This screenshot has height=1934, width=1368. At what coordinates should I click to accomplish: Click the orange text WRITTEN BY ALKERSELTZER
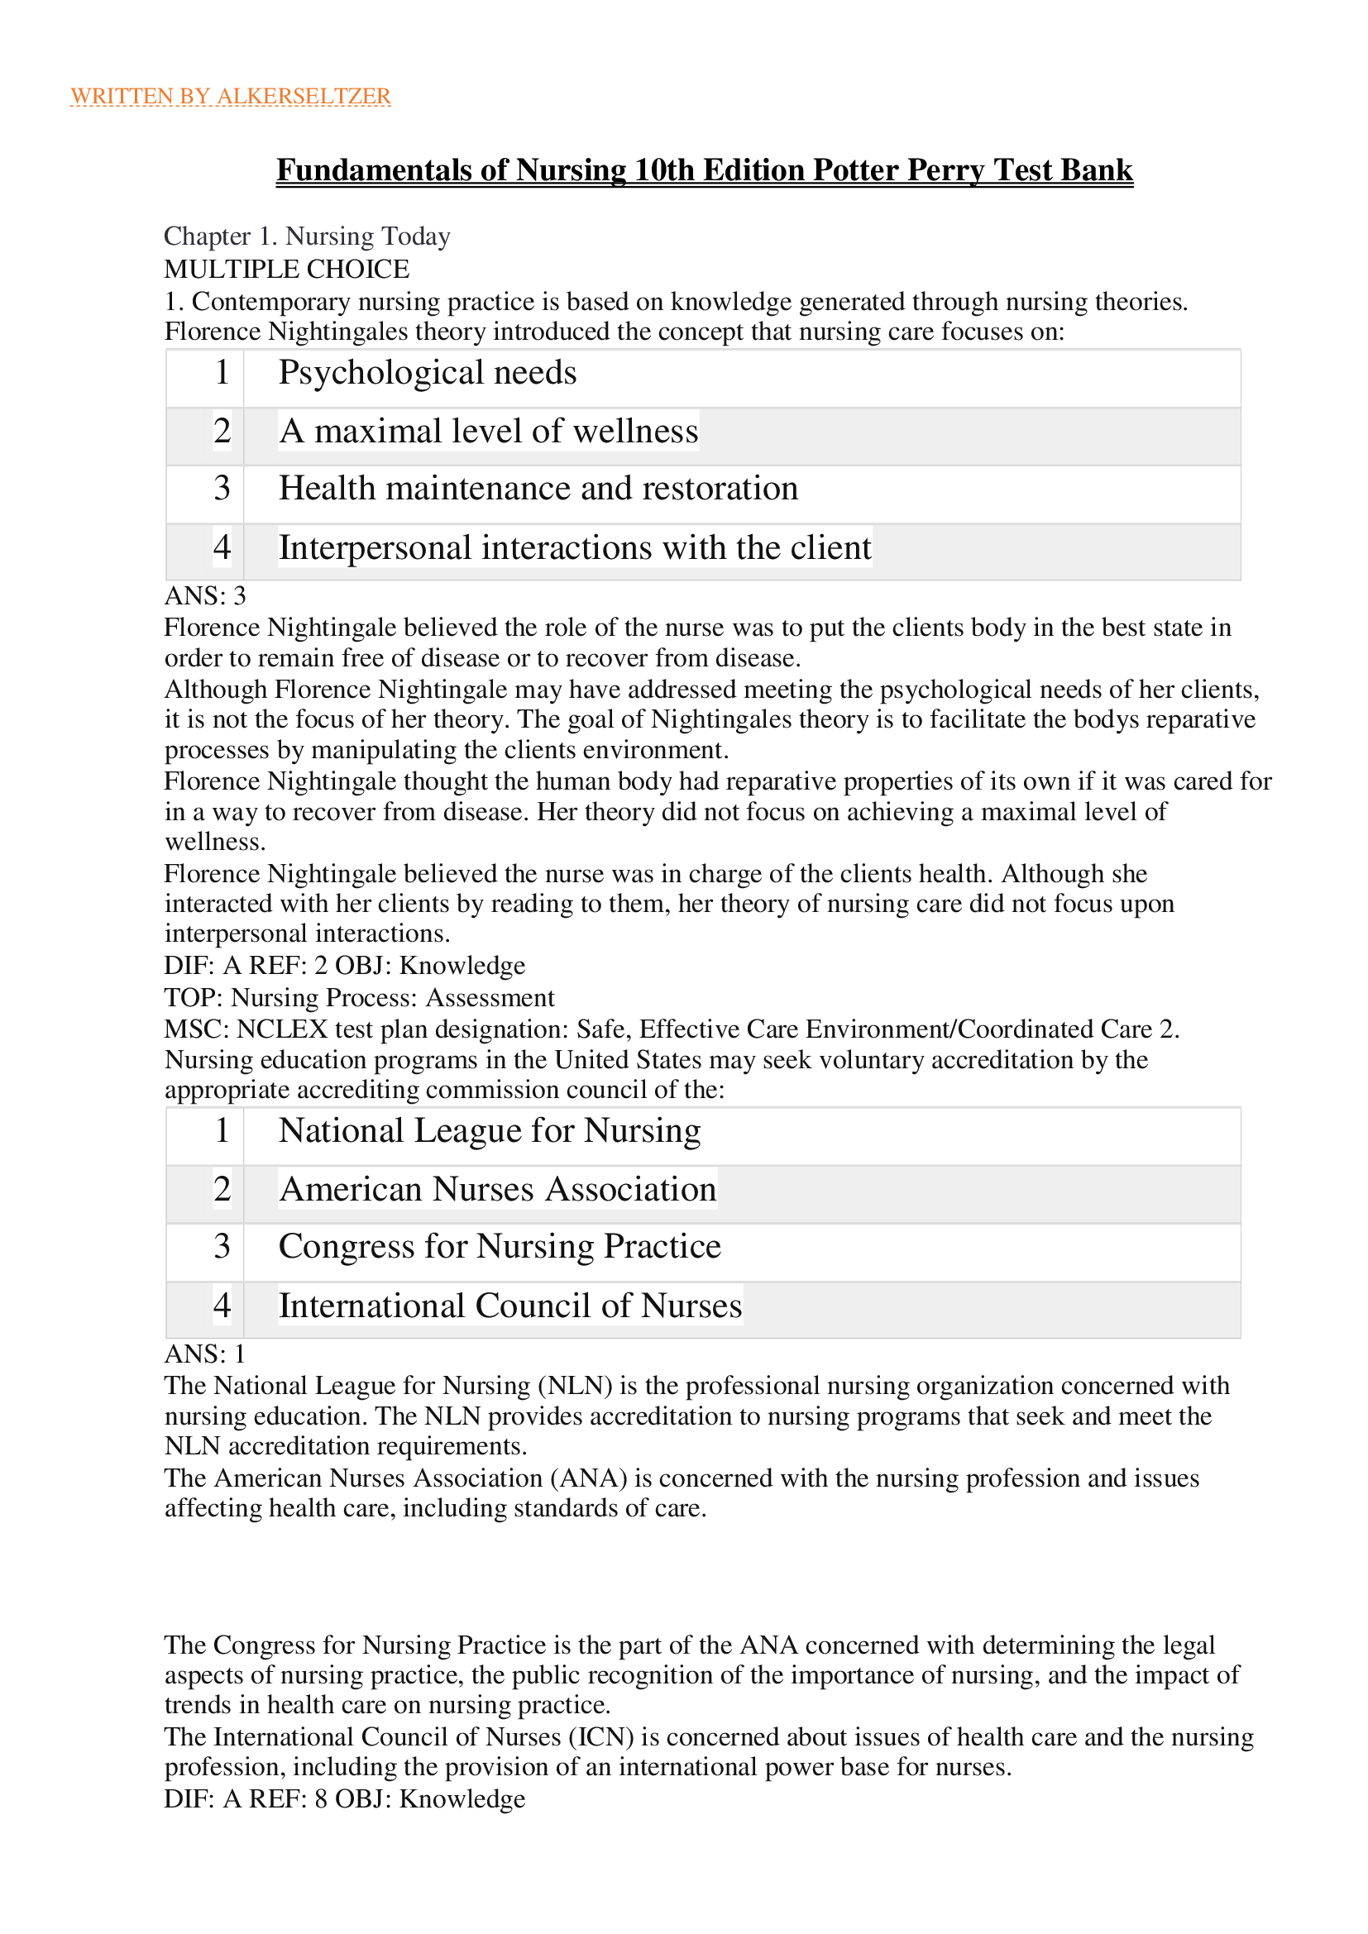tap(230, 96)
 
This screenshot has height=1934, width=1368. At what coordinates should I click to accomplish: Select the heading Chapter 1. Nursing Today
tap(307, 236)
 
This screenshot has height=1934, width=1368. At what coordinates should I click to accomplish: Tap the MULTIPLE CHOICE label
tap(286, 269)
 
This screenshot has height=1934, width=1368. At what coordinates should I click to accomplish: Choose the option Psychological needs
tap(427, 372)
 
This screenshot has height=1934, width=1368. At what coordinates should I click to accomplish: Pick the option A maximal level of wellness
tap(489, 431)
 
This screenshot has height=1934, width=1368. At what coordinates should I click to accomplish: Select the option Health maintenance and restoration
tap(538, 489)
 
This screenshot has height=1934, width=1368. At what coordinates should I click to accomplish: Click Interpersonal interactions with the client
tap(575, 547)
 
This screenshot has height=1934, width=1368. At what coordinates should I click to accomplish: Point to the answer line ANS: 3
tap(204, 596)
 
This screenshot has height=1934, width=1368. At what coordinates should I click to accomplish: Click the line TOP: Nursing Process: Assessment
tap(359, 997)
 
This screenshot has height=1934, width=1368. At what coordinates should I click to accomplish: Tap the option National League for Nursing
tap(489, 1130)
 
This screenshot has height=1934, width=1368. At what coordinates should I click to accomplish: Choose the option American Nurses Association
tap(497, 1188)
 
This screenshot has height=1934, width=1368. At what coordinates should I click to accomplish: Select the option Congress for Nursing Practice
tap(500, 1247)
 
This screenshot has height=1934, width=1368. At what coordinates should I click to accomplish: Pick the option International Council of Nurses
tap(509, 1306)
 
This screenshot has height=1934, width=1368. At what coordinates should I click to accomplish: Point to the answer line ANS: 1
tap(204, 1354)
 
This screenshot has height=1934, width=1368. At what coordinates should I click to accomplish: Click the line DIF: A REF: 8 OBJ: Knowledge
tap(344, 1799)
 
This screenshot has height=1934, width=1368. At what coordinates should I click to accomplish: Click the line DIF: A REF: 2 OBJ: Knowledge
tap(344, 965)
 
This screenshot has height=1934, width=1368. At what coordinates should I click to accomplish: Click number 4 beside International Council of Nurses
tap(222, 1306)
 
